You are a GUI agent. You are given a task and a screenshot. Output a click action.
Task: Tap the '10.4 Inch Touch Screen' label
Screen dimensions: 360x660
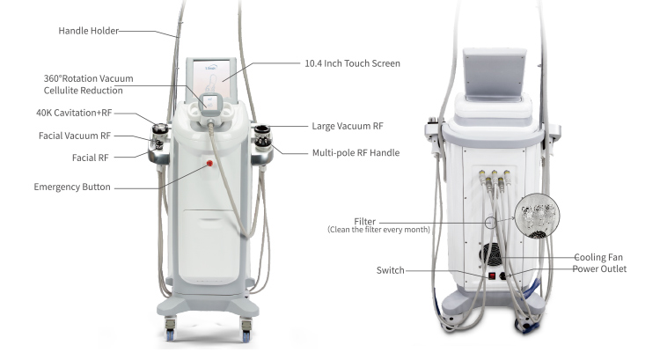(x=352, y=63)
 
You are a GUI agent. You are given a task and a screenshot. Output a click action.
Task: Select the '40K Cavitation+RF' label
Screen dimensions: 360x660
(x=75, y=114)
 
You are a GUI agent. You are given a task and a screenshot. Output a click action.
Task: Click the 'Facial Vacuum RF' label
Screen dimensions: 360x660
(x=75, y=136)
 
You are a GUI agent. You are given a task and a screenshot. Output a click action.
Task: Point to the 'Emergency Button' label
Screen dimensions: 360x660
(x=74, y=187)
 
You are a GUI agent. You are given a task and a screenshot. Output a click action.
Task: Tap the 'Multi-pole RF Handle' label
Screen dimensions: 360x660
(x=356, y=153)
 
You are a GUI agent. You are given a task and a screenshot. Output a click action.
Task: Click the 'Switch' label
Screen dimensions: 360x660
(x=390, y=270)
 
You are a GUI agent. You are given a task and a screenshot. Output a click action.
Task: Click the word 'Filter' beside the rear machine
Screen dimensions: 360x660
(x=365, y=220)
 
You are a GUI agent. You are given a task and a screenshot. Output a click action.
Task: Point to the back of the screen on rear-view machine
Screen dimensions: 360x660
(x=495, y=70)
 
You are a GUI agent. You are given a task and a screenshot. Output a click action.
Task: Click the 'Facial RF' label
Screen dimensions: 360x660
(x=90, y=158)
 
